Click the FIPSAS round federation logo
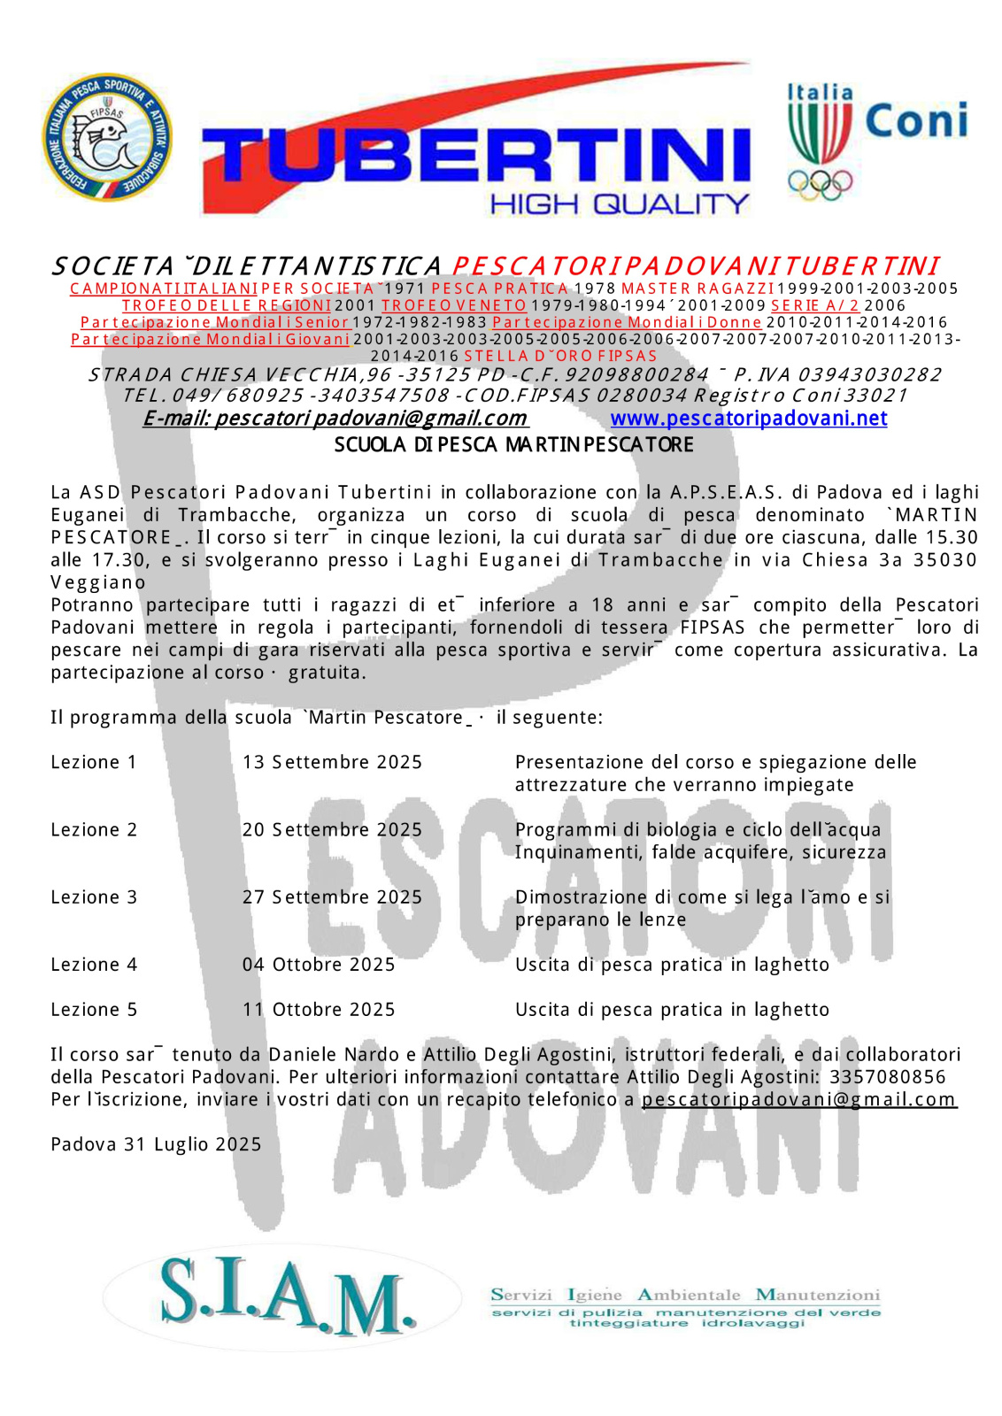pos(107,137)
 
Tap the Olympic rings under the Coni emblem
pos(820,184)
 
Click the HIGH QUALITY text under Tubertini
pos(620,204)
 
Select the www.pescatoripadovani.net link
pos(749,419)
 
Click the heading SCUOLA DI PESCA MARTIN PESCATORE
pos(513,445)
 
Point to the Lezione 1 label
pos(94,763)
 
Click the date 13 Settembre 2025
pos(332,763)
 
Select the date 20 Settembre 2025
pos(332,830)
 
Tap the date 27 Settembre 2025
pos(332,897)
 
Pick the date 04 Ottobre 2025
pos(319,965)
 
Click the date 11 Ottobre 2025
pos(319,1010)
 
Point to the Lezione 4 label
pos(94,965)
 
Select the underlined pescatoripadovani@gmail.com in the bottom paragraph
pos(799,1100)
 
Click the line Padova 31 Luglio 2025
pos(156,1145)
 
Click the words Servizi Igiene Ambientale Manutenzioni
pos(685,1296)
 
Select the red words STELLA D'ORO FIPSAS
pos(560,356)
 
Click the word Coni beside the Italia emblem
pos(916,121)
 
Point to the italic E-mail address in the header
pos(335,419)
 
